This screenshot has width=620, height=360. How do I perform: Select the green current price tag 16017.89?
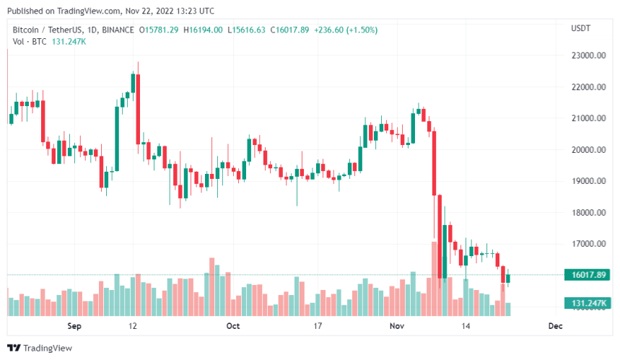(589, 275)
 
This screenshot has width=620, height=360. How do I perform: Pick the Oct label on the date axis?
(233, 326)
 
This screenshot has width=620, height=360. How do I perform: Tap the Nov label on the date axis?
(396, 326)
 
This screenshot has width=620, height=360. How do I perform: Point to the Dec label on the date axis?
(554, 326)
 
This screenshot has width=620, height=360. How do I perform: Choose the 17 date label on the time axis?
(318, 326)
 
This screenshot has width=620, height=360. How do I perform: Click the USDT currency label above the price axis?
(581, 30)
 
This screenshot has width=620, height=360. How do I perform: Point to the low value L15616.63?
(246, 30)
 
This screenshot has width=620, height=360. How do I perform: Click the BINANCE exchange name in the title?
(116, 30)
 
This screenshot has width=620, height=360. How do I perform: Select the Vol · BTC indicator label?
(30, 41)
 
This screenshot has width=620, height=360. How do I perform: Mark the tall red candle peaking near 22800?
(136, 108)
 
